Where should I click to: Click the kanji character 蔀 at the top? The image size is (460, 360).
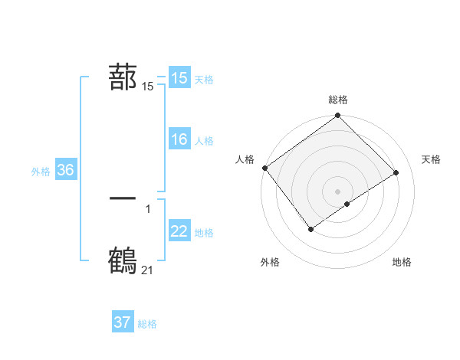click(x=123, y=77)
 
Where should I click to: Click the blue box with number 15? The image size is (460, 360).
click(x=179, y=78)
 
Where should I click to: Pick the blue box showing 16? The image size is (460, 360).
click(x=179, y=139)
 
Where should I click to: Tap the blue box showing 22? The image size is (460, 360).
click(x=179, y=231)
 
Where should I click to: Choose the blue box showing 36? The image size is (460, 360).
click(x=65, y=170)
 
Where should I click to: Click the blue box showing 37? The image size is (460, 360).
click(x=123, y=322)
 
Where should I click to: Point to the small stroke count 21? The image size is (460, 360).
click(x=147, y=270)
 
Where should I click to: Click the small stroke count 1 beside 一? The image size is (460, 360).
click(x=147, y=208)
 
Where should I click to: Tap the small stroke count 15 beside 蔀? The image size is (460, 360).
click(x=147, y=87)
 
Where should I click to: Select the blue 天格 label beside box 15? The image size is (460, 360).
click(x=204, y=79)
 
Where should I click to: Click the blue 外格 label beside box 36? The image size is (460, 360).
click(x=41, y=172)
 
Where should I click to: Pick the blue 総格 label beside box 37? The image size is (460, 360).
click(x=147, y=324)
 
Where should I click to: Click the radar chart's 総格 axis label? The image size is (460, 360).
click(x=338, y=100)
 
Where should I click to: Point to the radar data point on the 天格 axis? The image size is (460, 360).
click(x=396, y=172)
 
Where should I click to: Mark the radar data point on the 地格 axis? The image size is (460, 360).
click(x=347, y=204)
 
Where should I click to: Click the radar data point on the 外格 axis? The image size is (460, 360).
click(x=310, y=228)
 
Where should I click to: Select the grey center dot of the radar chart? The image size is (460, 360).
click(x=338, y=191)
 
